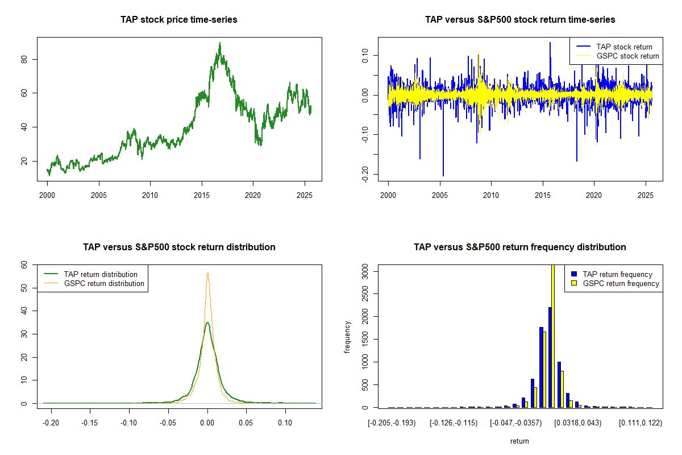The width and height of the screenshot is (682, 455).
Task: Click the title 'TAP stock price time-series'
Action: [179, 19]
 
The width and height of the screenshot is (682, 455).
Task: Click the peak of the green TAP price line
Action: [220, 43]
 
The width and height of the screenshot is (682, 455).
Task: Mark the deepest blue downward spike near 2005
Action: [443, 175]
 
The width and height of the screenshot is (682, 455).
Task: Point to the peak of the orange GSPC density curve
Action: [208, 273]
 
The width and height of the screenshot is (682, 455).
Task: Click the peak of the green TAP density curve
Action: [208, 322]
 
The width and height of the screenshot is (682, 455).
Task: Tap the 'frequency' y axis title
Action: [348, 337]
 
